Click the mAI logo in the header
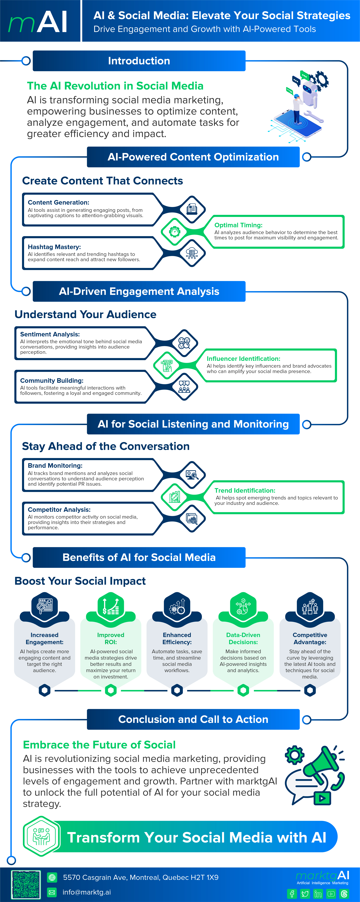click(x=38, y=22)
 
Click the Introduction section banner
click(x=139, y=61)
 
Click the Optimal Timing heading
click(x=238, y=225)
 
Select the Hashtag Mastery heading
click(x=54, y=247)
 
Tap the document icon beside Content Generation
click(x=192, y=209)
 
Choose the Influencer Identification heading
click(x=243, y=359)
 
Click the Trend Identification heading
click(x=245, y=491)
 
